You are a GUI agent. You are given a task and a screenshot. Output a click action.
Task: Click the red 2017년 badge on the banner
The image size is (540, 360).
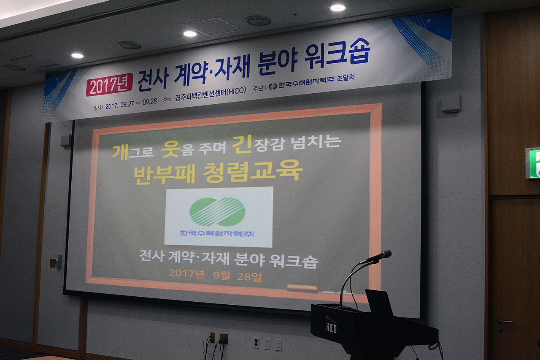point(109,85)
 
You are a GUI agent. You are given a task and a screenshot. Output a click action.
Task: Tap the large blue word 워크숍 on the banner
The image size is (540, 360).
point(337,54)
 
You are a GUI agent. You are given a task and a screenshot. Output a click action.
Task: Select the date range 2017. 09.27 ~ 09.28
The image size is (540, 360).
point(131,103)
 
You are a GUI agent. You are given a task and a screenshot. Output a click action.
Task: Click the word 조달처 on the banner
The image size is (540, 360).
point(346,78)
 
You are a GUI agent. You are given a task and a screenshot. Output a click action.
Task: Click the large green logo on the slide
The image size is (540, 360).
point(217,211)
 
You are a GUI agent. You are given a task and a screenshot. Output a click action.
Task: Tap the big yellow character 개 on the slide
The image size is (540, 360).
point(120,152)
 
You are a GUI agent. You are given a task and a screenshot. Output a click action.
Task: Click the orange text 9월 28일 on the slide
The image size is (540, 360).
point(237,276)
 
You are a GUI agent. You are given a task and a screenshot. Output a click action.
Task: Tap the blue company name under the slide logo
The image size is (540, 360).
point(217,233)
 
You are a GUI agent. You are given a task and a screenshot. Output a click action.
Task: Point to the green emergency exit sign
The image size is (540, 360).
point(532,163)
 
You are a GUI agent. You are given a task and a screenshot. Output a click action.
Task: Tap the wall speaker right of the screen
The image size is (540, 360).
point(451,104)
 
